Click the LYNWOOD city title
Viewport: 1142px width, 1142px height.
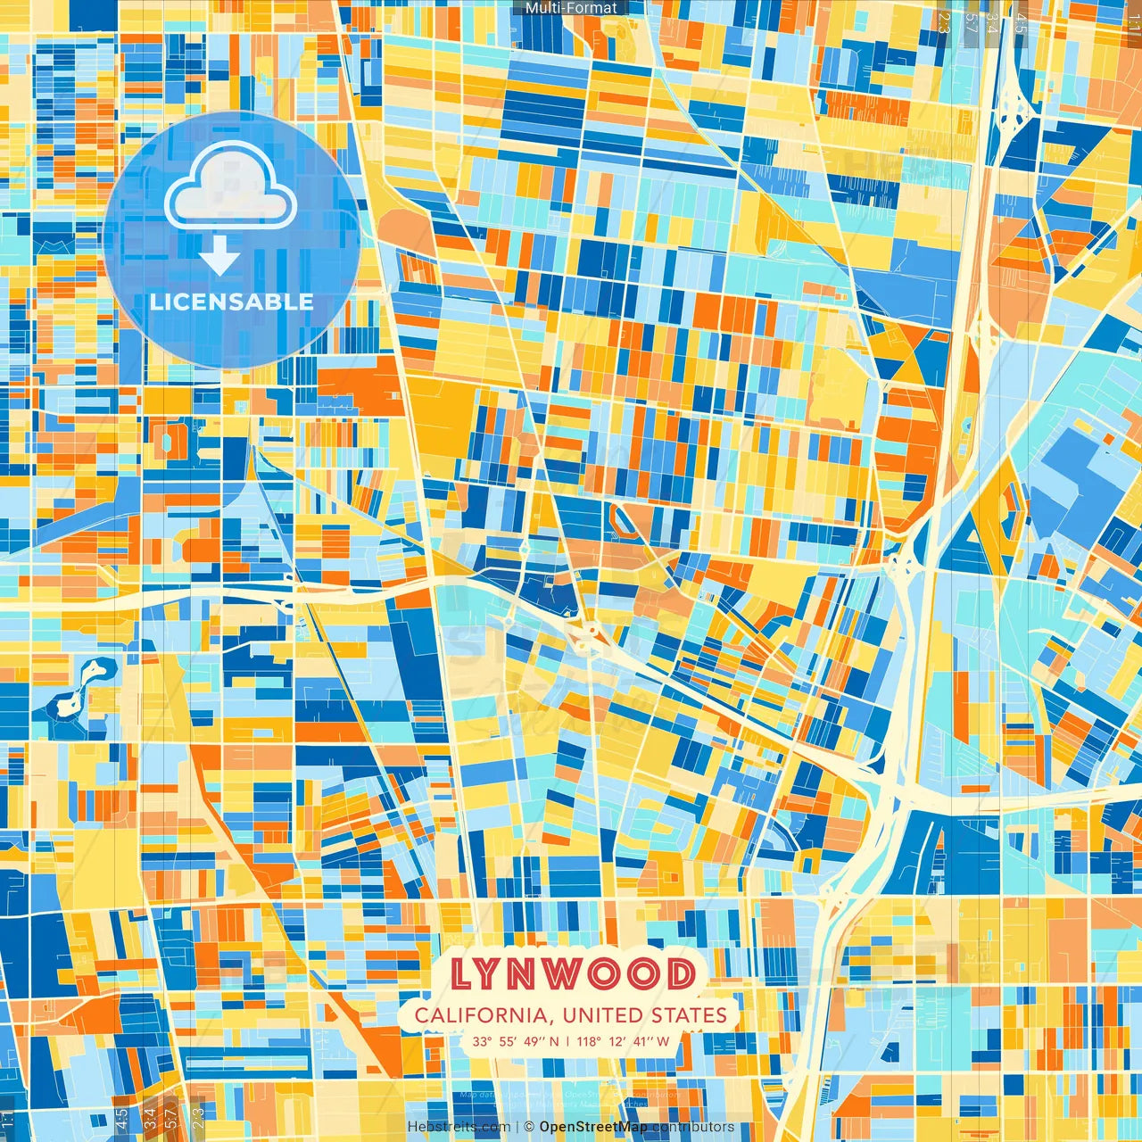point(572,974)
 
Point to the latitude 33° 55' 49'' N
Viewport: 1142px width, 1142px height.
point(516,1041)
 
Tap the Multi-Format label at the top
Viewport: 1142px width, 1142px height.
point(571,8)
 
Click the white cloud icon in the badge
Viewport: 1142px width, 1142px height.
point(230,187)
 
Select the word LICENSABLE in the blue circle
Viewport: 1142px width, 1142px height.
point(231,302)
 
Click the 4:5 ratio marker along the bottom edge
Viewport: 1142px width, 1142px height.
point(122,1118)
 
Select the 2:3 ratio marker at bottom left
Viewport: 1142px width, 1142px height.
point(197,1118)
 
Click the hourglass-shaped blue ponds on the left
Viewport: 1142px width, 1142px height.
point(79,688)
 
